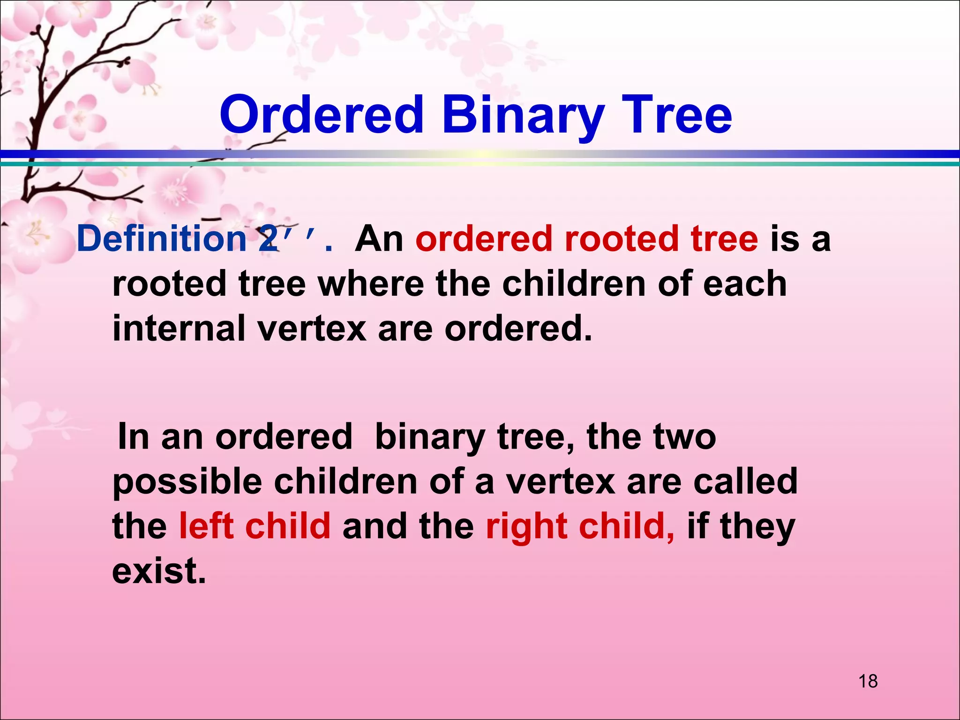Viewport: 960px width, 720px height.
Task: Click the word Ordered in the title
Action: (x=322, y=115)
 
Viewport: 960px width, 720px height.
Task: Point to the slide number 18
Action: (x=868, y=681)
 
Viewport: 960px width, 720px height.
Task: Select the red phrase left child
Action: (x=255, y=526)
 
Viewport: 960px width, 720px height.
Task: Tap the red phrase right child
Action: (x=580, y=526)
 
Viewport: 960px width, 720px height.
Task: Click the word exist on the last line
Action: (x=158, y=571)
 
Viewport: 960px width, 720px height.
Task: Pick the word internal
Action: (x=178, y=328)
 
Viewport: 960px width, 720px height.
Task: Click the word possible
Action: (x=187, y=482)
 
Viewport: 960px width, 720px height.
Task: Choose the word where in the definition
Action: (x=371, y=284)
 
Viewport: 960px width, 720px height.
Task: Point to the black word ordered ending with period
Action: (x=518, y=328)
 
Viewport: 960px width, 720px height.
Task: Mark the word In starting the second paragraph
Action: (x=133, y=437)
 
